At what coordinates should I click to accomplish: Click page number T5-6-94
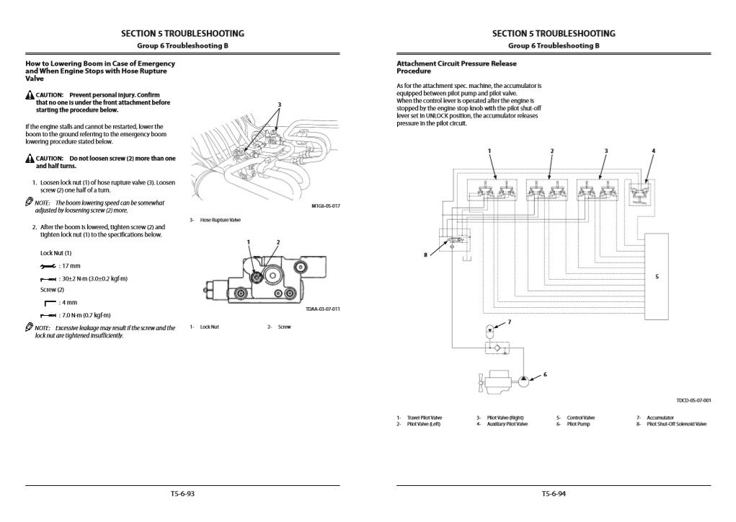(554, 494)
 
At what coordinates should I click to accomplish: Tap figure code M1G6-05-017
(326, 205)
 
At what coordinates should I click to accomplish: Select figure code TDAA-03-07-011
(322, 309)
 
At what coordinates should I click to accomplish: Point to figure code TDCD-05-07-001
(693, 400)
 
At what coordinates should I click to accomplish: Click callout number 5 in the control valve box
(657, 276)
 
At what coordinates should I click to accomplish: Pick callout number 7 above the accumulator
(510, 322)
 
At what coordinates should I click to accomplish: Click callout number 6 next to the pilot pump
(544, 374)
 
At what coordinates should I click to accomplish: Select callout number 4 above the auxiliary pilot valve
(653, 151)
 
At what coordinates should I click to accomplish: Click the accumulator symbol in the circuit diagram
(489, 333)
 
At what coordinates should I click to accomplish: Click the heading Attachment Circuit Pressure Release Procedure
(456, 68)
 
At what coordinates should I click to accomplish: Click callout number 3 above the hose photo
(279, 105)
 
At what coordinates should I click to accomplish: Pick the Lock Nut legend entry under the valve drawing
(209, 327)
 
